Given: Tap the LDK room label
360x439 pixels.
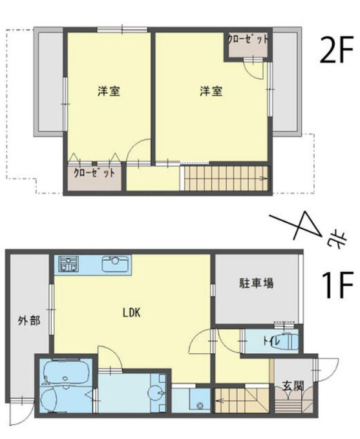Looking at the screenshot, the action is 131,312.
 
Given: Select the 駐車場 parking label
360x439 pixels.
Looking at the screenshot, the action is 256,283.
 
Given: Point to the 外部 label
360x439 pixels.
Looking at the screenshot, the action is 29,320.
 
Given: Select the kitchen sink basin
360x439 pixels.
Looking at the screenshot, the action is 115,264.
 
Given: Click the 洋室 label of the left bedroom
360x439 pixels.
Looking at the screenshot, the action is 109,91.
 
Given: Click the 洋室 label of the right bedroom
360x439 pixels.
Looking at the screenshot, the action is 211,91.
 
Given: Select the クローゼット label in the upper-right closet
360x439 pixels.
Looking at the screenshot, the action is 248,39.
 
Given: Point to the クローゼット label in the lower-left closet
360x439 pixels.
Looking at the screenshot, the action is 94,173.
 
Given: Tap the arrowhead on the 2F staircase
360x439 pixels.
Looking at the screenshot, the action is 262,178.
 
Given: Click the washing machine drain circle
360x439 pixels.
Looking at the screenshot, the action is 200,405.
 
